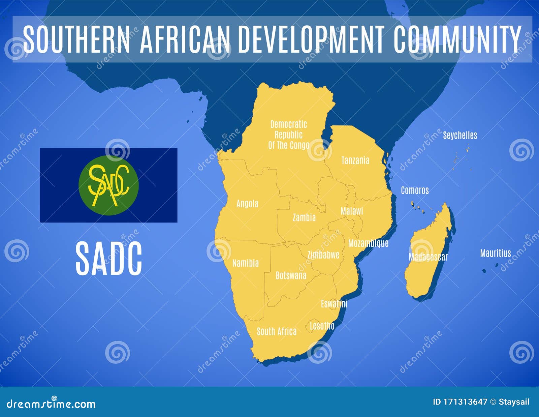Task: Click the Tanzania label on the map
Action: pos(355,160)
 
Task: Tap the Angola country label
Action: pos(247,204)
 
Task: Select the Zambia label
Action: pos(304,218)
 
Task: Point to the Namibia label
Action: pos(246,263)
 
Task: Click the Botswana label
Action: pos(291,276)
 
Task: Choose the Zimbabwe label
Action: pos(323,255)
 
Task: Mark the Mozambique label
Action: pos(368,243)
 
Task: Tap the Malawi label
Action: pos(352,211)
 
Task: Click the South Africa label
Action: pos(277,332)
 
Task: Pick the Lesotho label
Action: pos(322,326)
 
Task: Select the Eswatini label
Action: pos(334,304)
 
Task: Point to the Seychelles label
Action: pos(460,136)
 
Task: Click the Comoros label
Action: pos(415,190)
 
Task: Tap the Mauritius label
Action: pos(495,253)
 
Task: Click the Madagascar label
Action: pos(428,257)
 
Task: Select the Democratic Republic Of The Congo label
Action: pos(288,135)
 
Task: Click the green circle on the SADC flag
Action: pos(108,185)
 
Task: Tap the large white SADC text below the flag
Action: pos(108,259)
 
